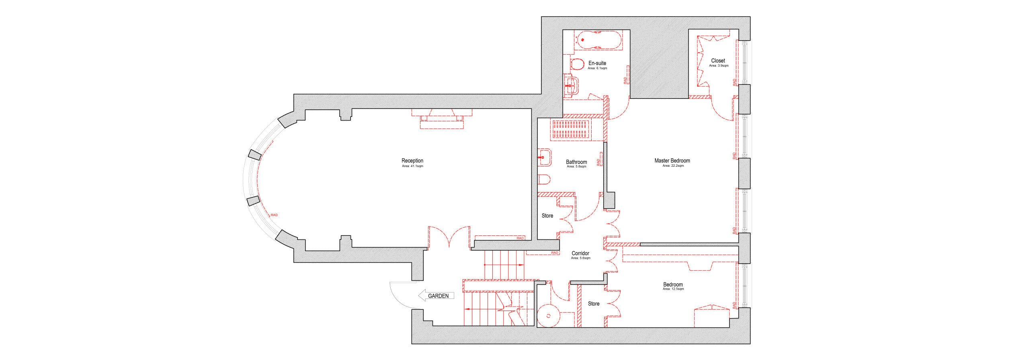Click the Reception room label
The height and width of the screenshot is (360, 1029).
click(x=412, y=161)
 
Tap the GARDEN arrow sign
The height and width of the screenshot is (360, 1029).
click(x=437, y=296)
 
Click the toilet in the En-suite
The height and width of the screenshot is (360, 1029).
click(x=577, y=65)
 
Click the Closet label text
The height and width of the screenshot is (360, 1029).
click(x=718, y=61)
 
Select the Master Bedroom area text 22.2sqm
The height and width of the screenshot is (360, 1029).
click(x=672, y=166)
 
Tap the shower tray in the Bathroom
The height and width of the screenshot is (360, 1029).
click(x=571, y=129)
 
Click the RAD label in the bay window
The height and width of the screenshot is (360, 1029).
click(x=274, y=215)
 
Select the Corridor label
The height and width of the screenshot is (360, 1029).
click(x=580, y=254)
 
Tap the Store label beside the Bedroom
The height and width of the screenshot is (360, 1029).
click(x=594, y=304)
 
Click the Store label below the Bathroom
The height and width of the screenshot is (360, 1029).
click(x=547, y=216)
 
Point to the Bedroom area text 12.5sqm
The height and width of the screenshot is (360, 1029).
click(x=673, y=289)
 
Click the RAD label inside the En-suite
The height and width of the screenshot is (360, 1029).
click(x=625, y=81)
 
